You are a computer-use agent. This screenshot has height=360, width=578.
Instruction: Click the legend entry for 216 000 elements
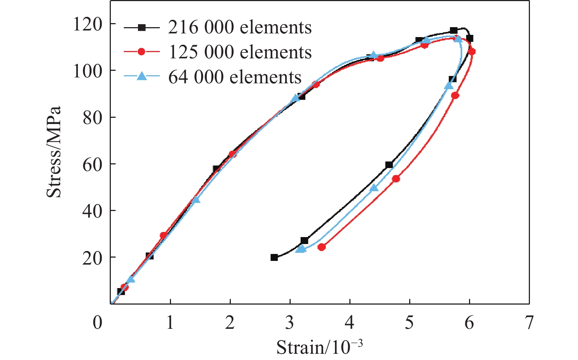[240, 28]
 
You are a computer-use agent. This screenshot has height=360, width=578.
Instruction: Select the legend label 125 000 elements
[240, 52]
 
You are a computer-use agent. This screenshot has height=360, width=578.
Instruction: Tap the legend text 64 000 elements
[235, 77]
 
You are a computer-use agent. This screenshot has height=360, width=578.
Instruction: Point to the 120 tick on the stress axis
[87, 25]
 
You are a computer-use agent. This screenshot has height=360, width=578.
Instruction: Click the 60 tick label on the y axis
[92, 164]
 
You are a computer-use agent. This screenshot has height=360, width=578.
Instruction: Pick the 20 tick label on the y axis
[92, 258]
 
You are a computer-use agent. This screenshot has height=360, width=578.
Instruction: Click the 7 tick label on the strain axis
[529, 323]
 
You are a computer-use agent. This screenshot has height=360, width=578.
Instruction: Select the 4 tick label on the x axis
[350, 323]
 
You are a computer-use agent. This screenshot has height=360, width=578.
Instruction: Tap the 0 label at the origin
[98, 323]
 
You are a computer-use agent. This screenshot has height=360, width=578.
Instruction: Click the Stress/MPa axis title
[54, 152]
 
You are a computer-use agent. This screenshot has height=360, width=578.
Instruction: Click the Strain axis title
[319, 347]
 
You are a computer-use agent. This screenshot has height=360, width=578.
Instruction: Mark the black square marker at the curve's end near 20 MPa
[274, 258]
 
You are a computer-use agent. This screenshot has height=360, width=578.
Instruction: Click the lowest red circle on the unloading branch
[321, 247]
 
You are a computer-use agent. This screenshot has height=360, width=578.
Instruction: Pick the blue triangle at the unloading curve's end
[301, 249]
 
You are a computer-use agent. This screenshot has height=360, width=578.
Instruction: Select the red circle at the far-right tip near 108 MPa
[472, 52]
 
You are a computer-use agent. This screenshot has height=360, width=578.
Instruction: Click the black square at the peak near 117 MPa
[454, 30]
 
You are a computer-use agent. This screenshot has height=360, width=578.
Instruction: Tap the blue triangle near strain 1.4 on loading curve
[196, 199]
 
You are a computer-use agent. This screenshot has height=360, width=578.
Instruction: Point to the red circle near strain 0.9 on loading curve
[163, 235]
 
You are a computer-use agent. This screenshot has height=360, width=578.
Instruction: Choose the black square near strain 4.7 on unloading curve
[389, 165]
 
